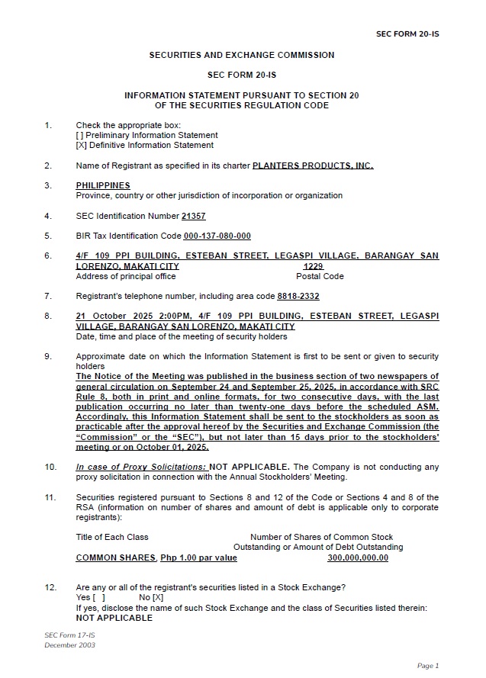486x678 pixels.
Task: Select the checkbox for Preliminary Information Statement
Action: pos(80,135)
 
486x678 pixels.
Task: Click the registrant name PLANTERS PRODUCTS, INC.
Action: pos(313,165)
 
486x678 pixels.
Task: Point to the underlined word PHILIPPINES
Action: pos(103,185)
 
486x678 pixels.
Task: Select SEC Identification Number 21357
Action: pos(194,217)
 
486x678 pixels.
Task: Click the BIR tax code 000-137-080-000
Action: pos(217,236)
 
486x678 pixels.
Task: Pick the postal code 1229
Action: pos(314,266)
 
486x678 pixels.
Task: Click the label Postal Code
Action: pos(320,276)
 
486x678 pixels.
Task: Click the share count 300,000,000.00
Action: pos(358,558)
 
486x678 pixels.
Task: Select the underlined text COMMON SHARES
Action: pos(116,558)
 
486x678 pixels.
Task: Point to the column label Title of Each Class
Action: pos(112,537)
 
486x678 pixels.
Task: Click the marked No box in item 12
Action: pos(158,597)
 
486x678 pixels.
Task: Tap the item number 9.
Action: pos(47,356)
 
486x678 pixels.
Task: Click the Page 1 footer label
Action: pos(428,666)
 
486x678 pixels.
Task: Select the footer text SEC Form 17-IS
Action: pos(69,635)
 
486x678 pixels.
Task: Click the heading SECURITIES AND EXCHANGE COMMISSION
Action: pos(241,55)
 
